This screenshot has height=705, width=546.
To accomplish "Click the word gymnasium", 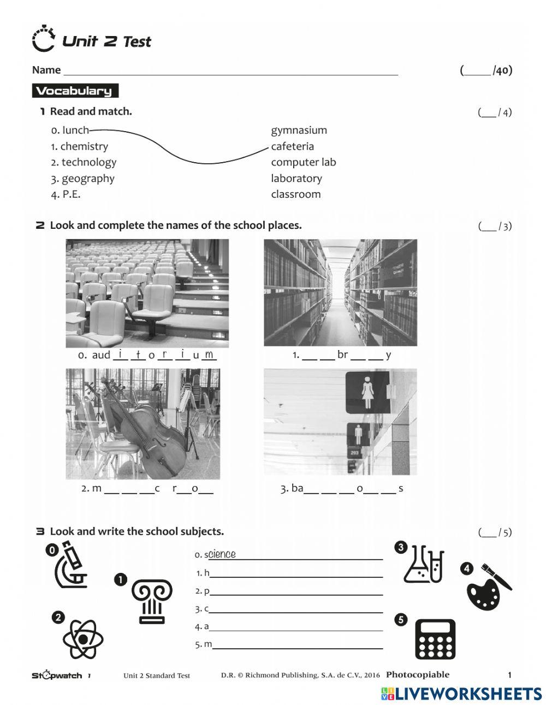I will coord(299,131).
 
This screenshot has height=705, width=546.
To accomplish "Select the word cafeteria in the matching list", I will coord(292,146).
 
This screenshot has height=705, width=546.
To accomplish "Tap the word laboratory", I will coord(296,179).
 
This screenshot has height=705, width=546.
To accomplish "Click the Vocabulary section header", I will coord(74,91).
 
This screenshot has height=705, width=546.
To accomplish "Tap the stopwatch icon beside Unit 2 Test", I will coord(43,39).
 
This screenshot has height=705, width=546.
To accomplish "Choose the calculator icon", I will coord(435,639).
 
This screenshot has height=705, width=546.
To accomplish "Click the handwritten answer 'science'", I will coord(222,554).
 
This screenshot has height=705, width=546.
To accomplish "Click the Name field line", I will coord(230,72).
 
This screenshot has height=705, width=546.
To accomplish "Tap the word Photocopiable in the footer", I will coord(417,674).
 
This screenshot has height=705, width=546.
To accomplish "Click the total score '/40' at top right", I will coord(502,70).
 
